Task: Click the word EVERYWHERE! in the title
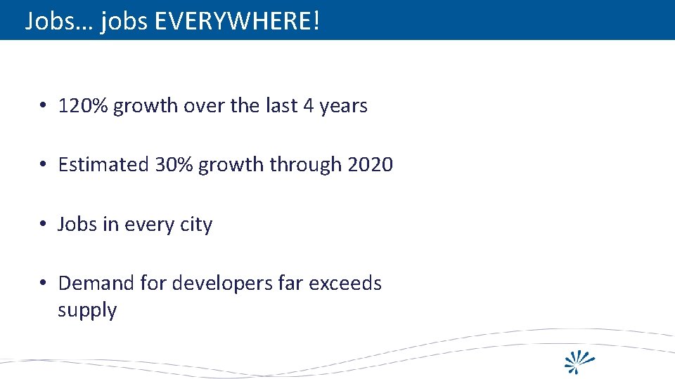237,21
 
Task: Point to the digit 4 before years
309,106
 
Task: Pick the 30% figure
174,165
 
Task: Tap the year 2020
371,165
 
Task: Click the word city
197,225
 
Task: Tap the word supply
87,311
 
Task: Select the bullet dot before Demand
43,284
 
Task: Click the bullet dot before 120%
43,106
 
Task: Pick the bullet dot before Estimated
43,165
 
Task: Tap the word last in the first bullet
281,106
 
